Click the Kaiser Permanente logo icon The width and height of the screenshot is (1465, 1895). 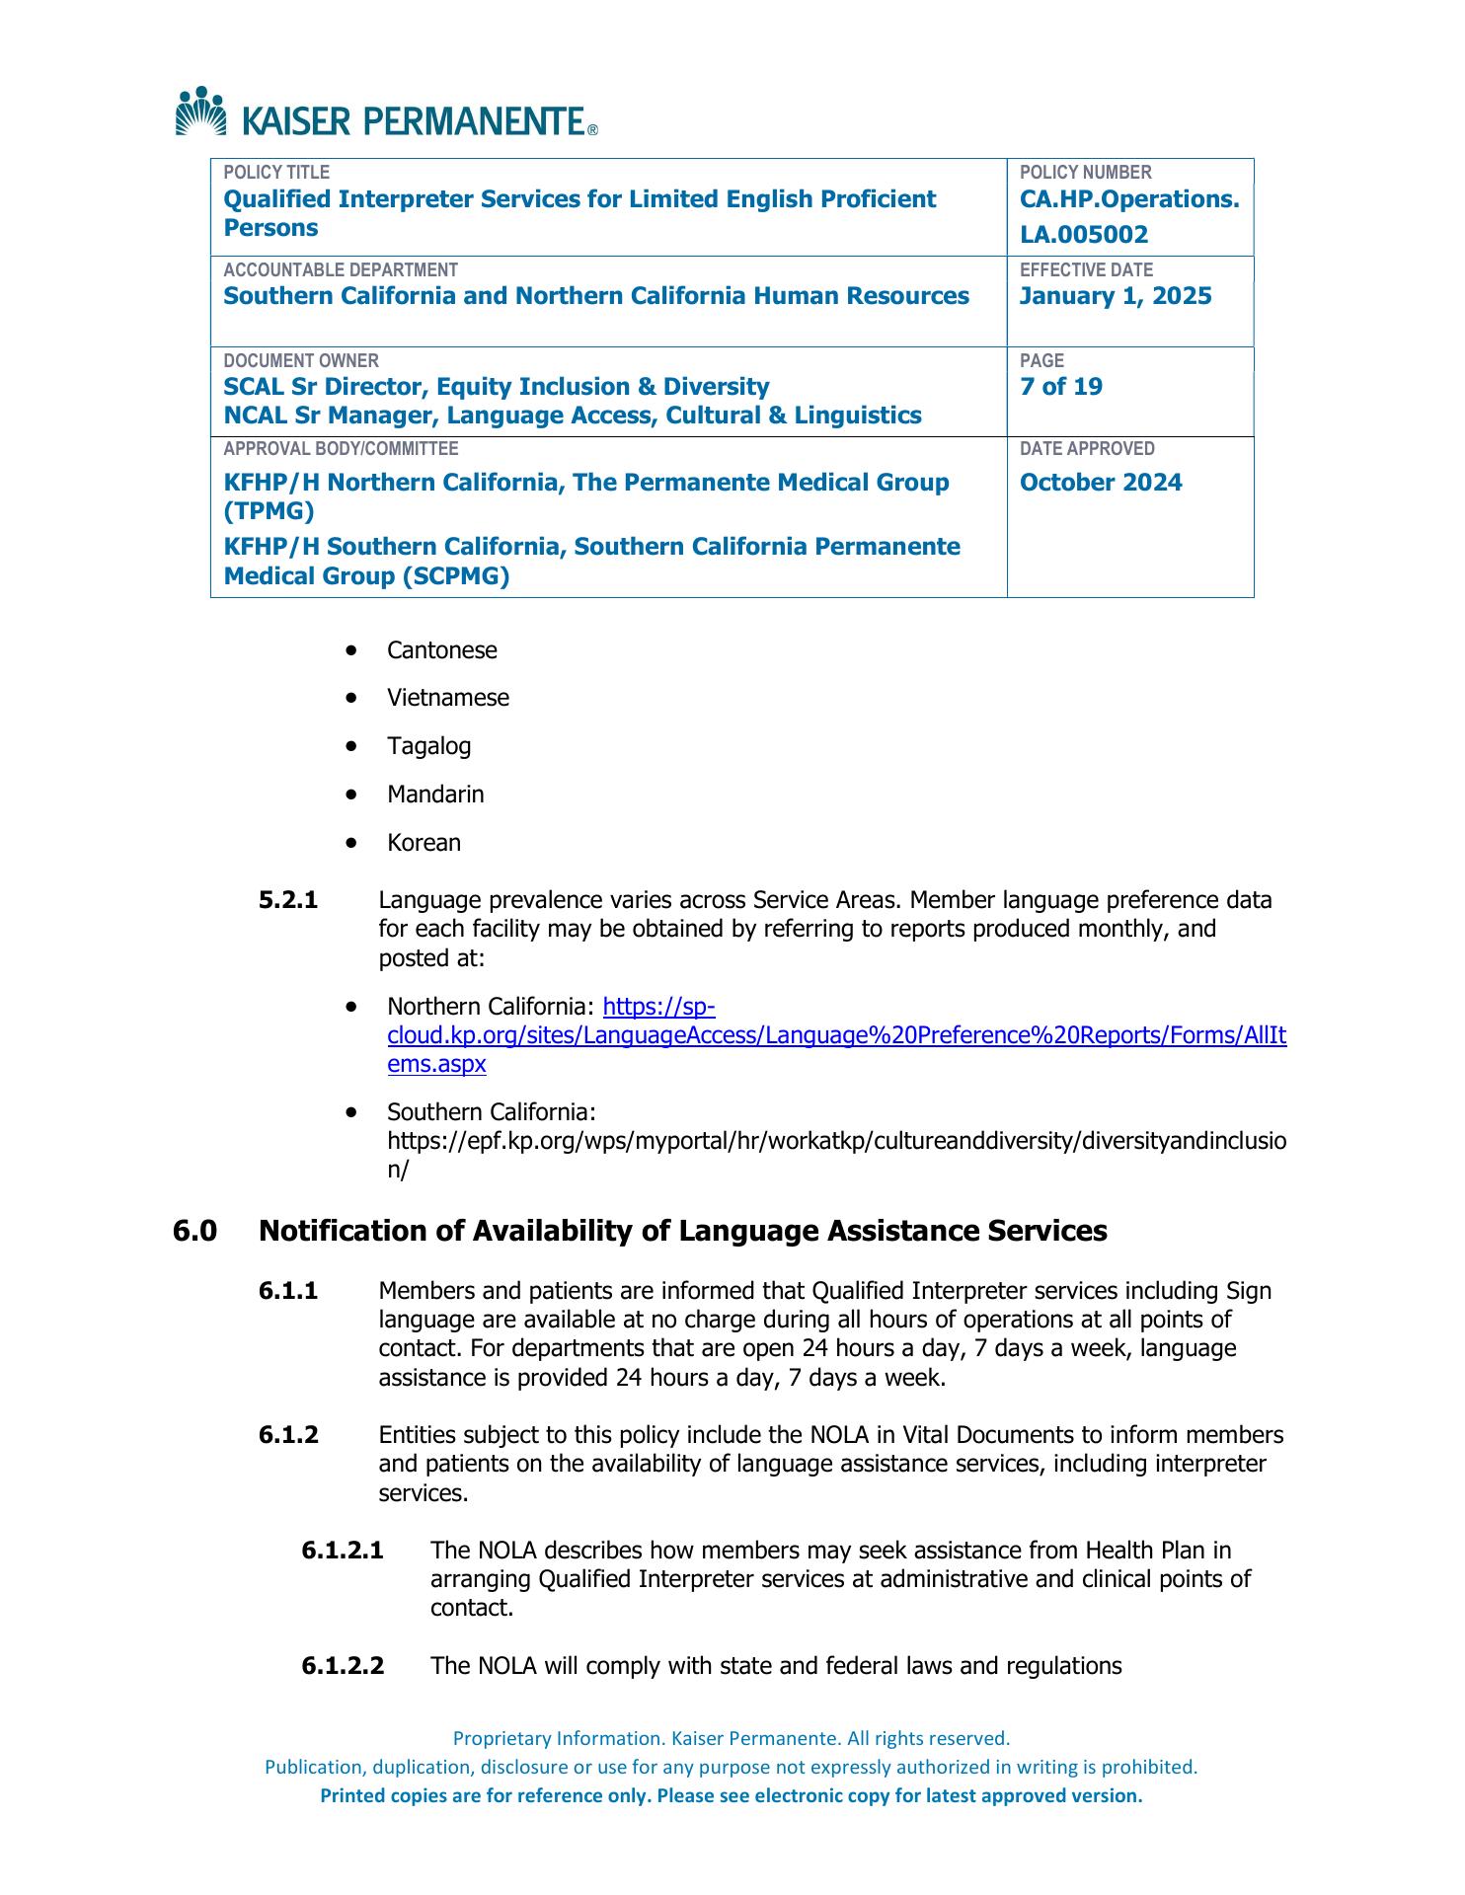pos(200,111)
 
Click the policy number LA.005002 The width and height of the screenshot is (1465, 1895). pos(1084,235)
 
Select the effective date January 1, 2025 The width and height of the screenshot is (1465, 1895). pos(1116,297)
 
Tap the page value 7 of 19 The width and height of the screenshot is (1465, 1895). pos(1061,387)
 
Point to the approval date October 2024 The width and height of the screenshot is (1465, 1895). pos(1101,483)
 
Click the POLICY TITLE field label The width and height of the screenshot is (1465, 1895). pos(276,173)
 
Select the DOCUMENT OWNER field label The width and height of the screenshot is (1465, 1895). pos(301,361)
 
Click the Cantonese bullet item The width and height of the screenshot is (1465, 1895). pos(441,650)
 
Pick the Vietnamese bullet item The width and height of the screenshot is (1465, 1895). pos(448,698)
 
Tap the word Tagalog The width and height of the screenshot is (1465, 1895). pos(428,746)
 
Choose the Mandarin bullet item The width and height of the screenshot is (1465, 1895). pos(435,795)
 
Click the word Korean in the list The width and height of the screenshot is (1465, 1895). pos(424,843)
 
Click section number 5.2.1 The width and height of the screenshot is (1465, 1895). pos(288,900)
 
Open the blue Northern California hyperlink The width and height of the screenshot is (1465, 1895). pos(836,1036)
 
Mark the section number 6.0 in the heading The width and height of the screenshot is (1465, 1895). pos(194,1232)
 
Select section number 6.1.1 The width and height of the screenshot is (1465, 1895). pos(288,1291)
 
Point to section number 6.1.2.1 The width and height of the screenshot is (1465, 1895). pos(343,1551)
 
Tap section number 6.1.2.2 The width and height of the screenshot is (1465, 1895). pos(343,1667)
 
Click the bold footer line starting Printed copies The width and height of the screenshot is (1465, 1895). pos(731,1796)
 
